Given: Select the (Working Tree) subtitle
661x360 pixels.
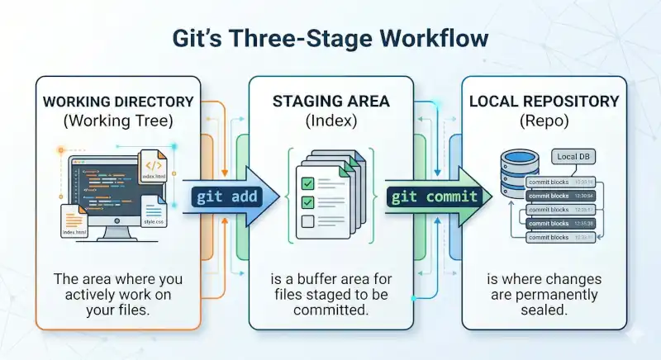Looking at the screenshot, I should (x=117, y=122).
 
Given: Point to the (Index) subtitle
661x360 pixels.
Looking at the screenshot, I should (x=330, y=122).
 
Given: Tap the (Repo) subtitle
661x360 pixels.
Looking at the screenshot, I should (x=543, y=122).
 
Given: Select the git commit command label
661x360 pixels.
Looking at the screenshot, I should (x=435, y=197).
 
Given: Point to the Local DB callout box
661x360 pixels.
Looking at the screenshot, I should (x=573, y=157).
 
